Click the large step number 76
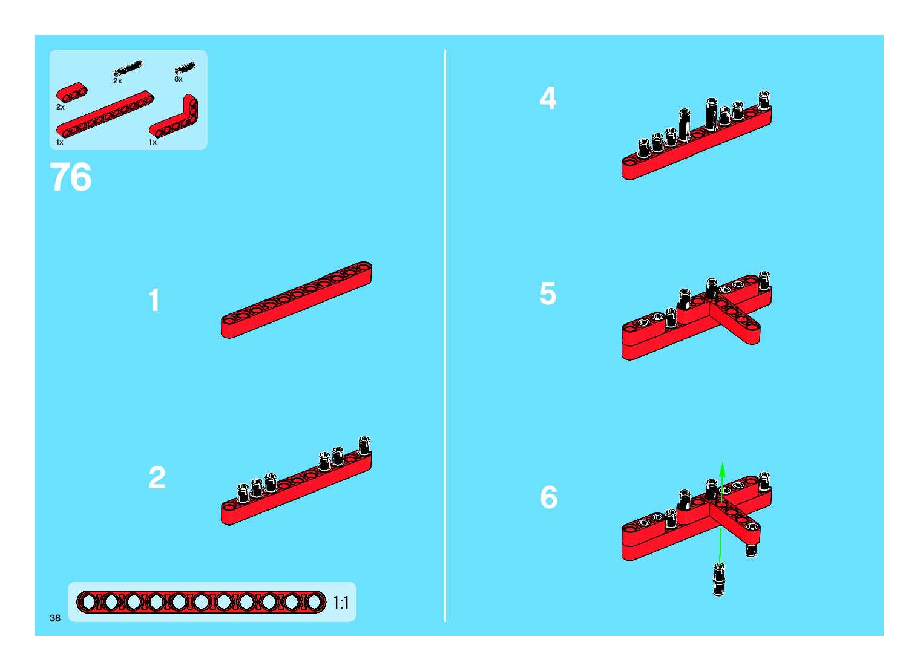71,177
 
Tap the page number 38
55,618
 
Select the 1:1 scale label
341,603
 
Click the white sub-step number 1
154,301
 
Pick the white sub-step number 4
548,98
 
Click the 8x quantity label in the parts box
178,79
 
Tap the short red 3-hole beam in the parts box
72,92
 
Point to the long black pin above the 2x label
128,68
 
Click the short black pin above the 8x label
185,68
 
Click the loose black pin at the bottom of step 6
719,580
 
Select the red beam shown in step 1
296,300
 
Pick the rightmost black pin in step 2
364,446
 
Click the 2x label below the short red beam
61,107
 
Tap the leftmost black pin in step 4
644,148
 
